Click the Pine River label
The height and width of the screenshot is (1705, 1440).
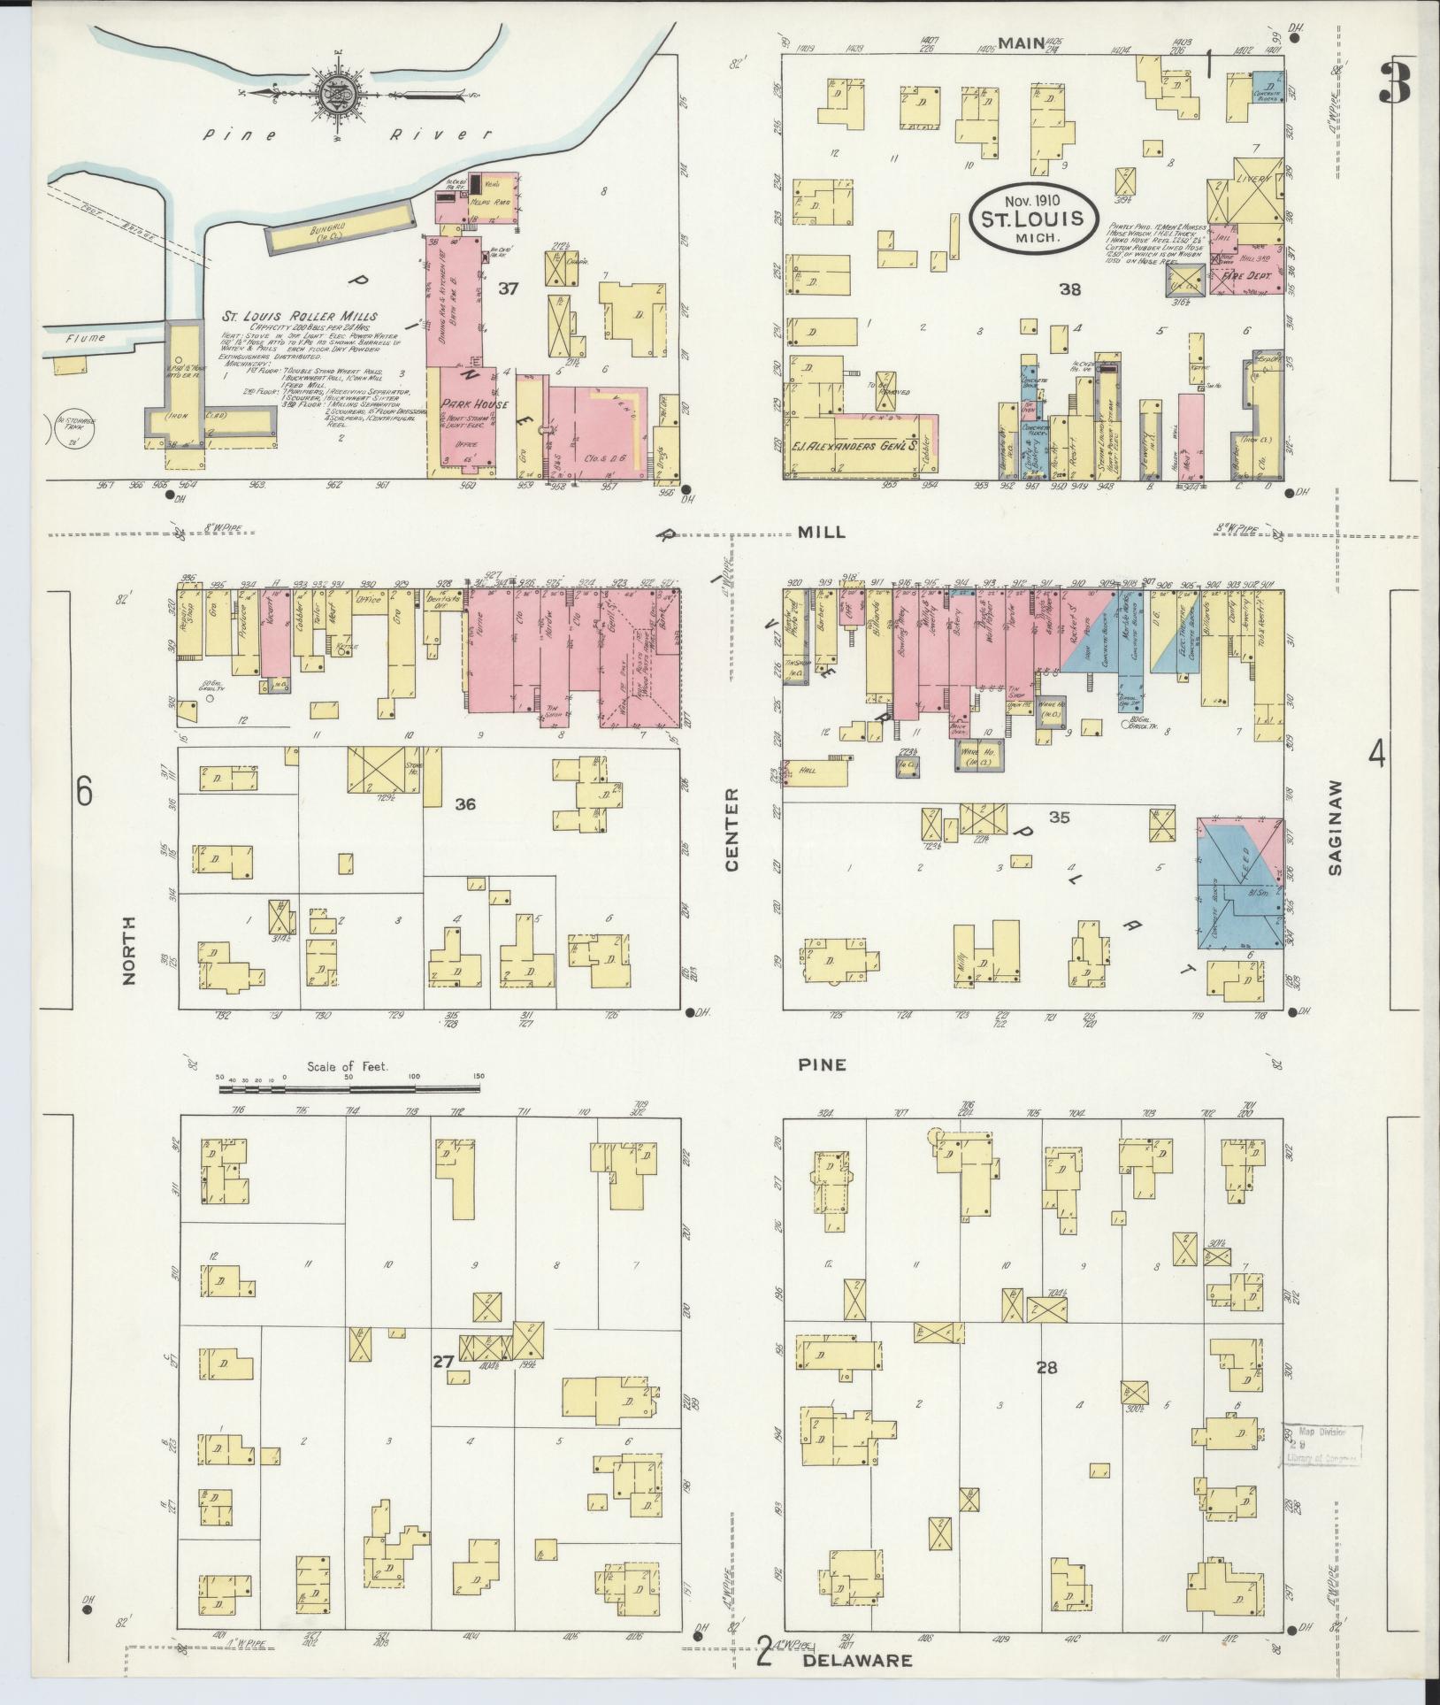pos(345,135)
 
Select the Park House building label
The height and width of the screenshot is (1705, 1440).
pos(467,403)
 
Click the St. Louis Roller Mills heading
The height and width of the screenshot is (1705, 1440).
pos(300,316)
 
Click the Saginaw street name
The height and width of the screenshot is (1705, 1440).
pos(1336,827)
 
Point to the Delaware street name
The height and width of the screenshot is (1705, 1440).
pos(856,1660)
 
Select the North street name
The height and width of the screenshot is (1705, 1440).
pos(130,951)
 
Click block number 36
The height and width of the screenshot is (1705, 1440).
pos(465,804)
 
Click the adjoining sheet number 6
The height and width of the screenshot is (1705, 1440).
pos(83,792)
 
